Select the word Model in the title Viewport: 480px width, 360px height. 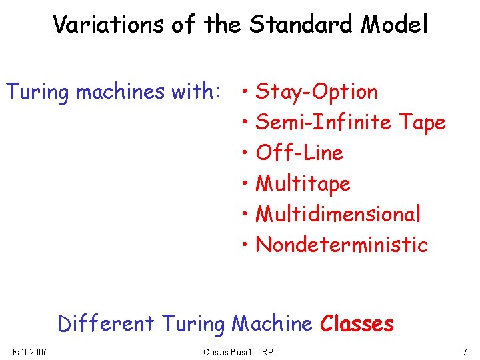(x=395, y=25)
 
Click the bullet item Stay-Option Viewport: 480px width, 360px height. (x=317, y=91)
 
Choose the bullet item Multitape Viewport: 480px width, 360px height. (x=303, y=183)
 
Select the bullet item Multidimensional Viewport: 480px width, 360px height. (x=338, y=214)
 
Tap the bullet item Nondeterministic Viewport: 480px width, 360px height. (x=341, y=245)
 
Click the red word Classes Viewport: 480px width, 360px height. (x=357, y=324)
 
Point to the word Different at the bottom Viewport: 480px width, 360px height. (x=105, y=324)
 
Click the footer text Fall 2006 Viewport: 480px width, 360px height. (x=30, y=351)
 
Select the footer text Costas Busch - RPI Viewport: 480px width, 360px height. (x=239, y=351)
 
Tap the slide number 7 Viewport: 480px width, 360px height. (x=464, y=351)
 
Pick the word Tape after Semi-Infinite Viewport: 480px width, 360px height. (x=422, y=123)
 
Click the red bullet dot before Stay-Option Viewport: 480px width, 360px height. (x=247, y=91)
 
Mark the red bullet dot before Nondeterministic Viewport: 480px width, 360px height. (x=247, y=245)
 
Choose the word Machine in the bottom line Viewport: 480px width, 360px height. (x=272, y=324)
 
